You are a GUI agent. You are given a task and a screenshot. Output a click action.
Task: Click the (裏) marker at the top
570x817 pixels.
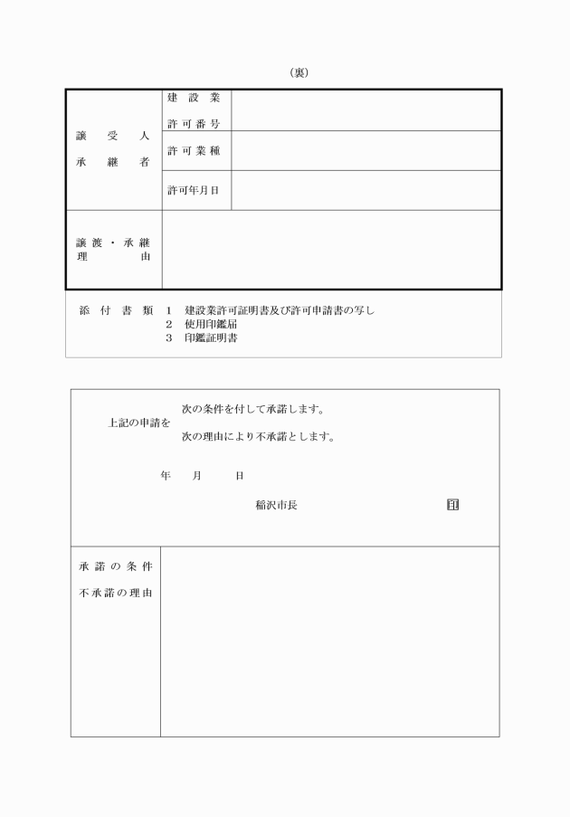(299, 73)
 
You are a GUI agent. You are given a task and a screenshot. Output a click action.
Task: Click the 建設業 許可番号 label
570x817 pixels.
(194, 110)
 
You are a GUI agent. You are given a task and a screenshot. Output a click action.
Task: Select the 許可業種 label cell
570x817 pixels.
(194, 150)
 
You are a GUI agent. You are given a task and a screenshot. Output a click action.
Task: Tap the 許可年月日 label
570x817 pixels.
(194, 190)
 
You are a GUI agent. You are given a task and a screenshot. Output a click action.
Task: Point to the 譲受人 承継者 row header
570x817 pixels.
(112, 150)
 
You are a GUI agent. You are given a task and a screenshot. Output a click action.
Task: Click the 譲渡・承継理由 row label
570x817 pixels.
(112, 250)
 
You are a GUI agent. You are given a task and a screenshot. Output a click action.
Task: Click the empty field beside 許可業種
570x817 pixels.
(366, 150)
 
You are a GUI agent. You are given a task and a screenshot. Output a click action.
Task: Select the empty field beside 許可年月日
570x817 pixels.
(366, 190)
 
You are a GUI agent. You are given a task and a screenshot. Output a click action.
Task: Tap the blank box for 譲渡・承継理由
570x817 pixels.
(330, 250)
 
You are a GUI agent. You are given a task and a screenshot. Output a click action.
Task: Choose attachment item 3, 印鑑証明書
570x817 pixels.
(212, 338)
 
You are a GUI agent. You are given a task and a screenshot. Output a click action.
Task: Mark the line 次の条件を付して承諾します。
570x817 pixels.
(252, 409)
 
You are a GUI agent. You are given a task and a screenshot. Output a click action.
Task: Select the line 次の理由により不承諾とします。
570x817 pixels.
(258, 437)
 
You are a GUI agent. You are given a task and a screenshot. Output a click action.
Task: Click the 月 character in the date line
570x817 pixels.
(196, 476)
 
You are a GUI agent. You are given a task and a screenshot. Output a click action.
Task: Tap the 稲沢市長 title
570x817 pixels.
(276, 505)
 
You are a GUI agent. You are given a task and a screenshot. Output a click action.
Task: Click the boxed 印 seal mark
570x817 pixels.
(452, 504)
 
